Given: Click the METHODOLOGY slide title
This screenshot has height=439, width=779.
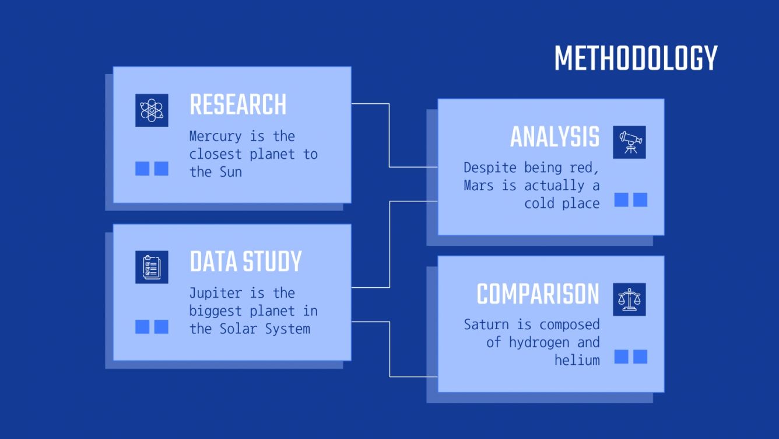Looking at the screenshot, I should (x=636, y=58).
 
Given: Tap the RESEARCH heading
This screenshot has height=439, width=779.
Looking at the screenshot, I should (x=238, y=105).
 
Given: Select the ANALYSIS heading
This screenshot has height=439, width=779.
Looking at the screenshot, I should (x=555, y=137).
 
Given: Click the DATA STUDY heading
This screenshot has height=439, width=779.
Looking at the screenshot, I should (x=245, y=262).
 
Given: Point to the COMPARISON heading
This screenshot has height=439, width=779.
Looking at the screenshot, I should (x=538, y=294).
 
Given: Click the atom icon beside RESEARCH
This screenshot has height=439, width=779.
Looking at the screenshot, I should (x=152, y=110).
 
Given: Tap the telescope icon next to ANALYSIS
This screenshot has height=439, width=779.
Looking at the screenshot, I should (x=629, y=142).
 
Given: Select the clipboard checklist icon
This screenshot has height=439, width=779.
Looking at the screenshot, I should (x=152, y=267).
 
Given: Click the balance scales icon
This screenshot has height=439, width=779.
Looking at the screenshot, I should (x=629, y=299).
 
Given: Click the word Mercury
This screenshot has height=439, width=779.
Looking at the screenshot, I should (x=215, y=137).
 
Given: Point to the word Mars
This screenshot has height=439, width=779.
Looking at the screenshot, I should (x=478, y=186).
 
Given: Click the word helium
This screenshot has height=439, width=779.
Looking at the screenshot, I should (x=577, y=360).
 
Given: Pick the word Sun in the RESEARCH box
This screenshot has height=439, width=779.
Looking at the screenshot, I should (x=230, y=172).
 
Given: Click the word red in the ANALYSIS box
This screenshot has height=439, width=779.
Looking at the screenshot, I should (x=587, y=168).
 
